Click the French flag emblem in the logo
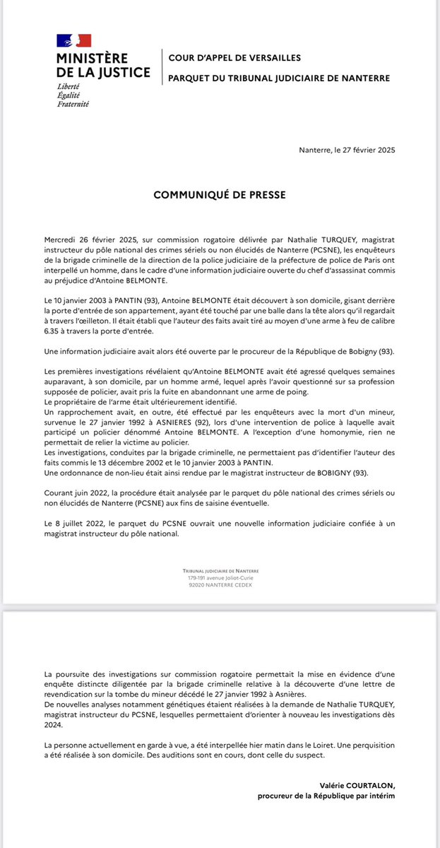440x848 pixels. point(74,41)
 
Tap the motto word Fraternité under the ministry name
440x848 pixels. point(73,104)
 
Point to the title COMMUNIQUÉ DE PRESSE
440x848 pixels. point(220,193)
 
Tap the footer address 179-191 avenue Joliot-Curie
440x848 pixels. point(220,578)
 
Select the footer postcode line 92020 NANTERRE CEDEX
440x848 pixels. point(220,584)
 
